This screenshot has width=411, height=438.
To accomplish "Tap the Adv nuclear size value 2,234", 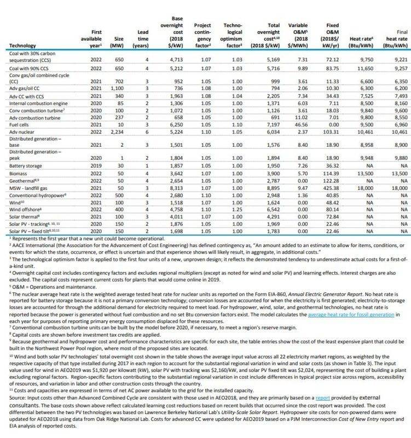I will coord(120,131).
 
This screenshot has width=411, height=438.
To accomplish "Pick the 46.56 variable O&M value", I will coord(296,125).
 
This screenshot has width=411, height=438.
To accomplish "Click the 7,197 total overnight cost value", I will coord(264,125).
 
